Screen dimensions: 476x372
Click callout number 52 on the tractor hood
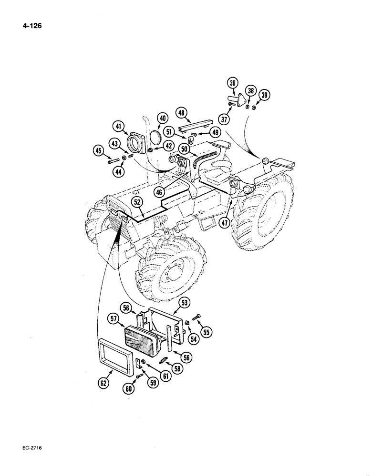136,202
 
